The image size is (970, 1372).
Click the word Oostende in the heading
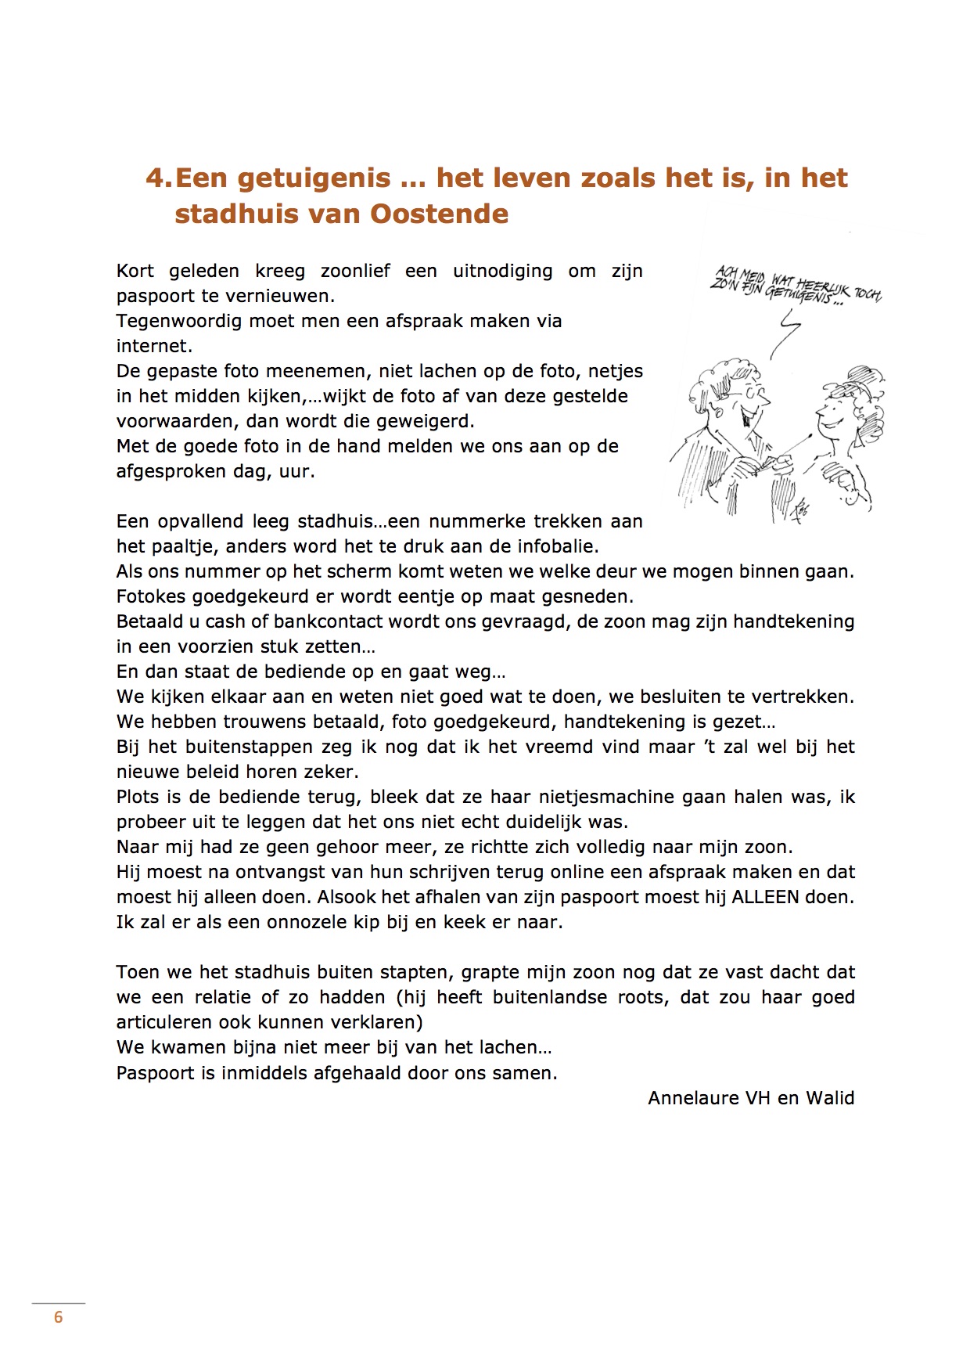[438, 214]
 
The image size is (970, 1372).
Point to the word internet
[154, 346]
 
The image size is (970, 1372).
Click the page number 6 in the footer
[58, 1317]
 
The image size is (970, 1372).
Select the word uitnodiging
[502, 272]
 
